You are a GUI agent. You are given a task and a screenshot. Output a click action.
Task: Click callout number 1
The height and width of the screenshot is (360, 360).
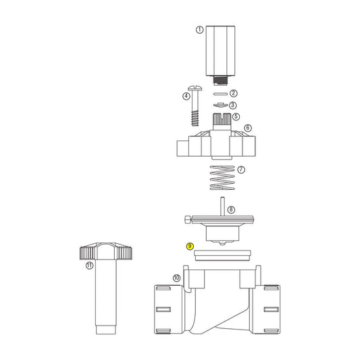199,30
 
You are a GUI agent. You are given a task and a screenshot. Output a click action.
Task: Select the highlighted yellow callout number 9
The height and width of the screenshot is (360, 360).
190,247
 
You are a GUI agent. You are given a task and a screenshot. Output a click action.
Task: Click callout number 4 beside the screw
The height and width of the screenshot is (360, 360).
186,97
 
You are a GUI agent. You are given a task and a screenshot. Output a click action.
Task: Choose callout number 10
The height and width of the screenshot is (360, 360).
176,278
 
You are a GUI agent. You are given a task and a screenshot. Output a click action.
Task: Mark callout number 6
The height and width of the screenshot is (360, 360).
247,128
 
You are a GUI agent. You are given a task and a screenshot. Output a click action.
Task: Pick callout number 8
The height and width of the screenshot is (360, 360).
230,210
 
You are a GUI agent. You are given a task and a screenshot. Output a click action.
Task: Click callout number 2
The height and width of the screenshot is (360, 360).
233,93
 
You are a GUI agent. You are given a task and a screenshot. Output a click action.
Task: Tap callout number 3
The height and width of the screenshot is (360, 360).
232,105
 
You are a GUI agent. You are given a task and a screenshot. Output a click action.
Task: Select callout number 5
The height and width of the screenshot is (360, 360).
236,117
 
